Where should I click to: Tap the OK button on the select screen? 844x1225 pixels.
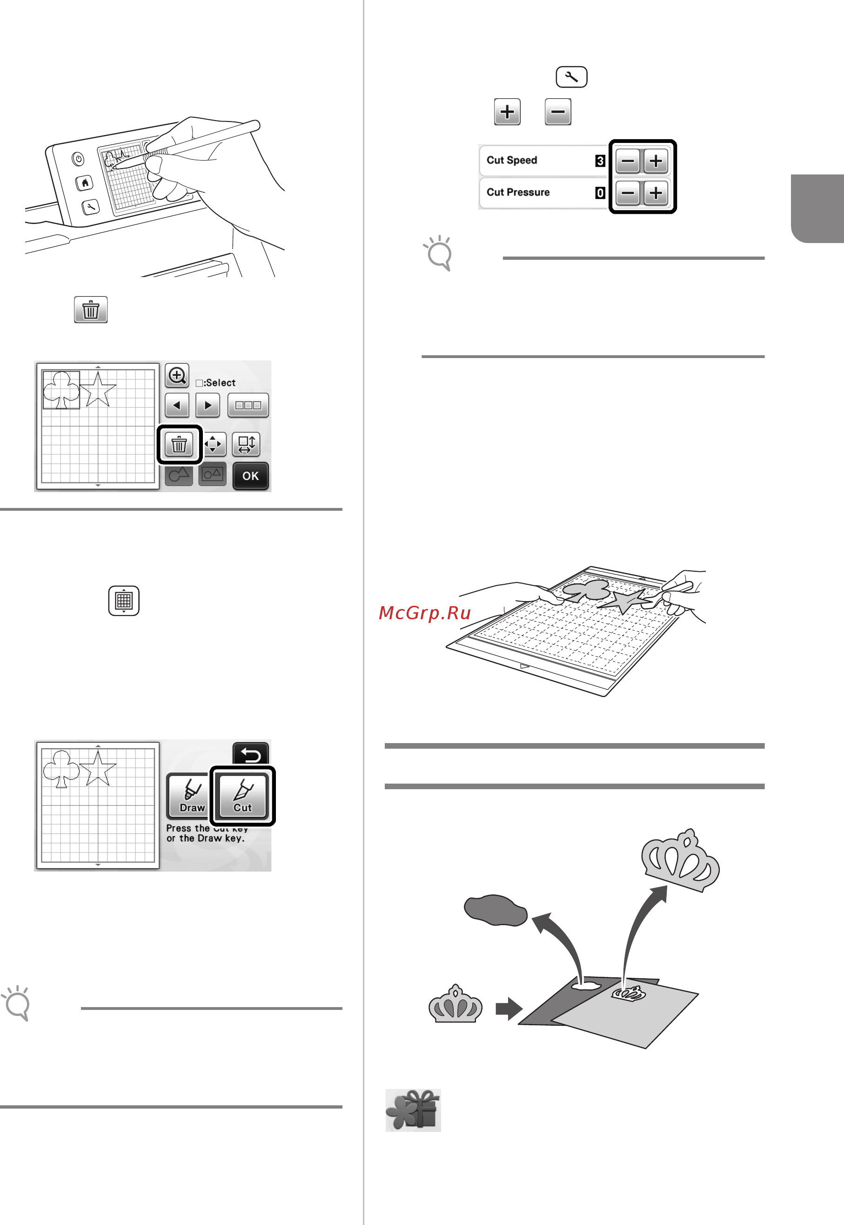pyautogui.click(x=250, y=475)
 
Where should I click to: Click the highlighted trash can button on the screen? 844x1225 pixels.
pyautogui.click(x=179, y=444)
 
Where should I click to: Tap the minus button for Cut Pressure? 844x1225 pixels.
pyautogui.click(x=628, y=193)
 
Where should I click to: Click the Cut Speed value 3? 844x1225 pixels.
pyautogui.click(x=600, y=161)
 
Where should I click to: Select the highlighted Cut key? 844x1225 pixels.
pyautogui.click(x=243, y=795)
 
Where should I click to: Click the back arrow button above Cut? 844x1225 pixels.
pyautogui.click(x=250, y=753)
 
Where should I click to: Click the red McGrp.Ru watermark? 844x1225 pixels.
pyautogui.click(x=425, y=612)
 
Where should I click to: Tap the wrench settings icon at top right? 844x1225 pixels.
pyautogui.click(x=571, y=77)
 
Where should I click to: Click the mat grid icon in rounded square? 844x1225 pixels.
pyautogui.click(x=124, y=600)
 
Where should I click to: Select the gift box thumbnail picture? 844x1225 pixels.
pyautogui.click(x=413, y=1110)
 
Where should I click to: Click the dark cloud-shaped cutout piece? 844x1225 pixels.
pyautogui.click(x=496, y=910)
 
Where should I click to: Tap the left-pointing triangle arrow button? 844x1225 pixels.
pyautogui.click(x=177, y=406)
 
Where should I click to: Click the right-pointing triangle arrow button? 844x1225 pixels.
pyautogui.click(x=208, y=406)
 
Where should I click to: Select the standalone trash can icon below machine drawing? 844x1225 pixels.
pyautogui.click(x=91, y=310)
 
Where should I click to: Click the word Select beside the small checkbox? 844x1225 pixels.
pyautogui.click(x=220, y=383)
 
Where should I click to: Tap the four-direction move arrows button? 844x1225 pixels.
pyautogui.click(x=213, y=444)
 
